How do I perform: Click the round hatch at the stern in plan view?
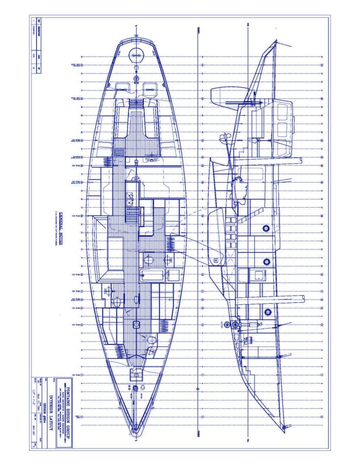(136, 55)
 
